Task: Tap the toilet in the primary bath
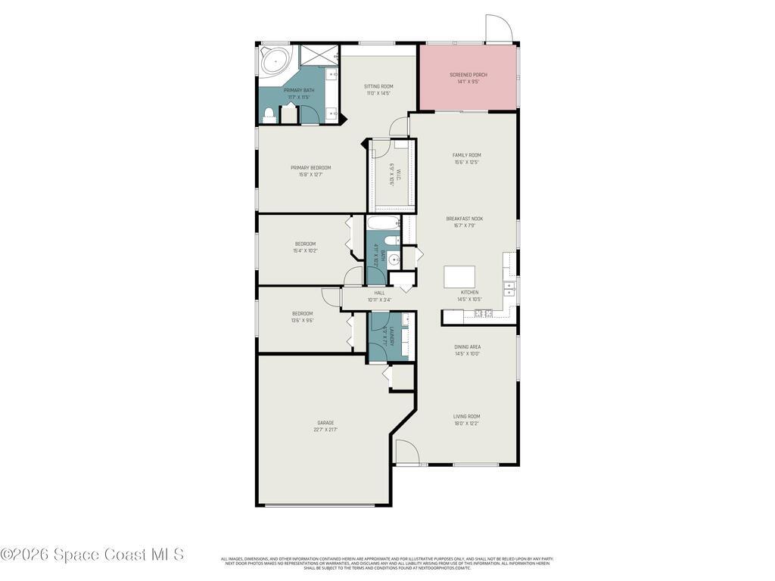click(268, 115)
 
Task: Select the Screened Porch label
click(468, 75)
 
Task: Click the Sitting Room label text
click(378, 86)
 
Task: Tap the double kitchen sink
click(510, 287)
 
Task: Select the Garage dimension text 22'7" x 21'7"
click(325, 430)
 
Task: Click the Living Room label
click(466, 416)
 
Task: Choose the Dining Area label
click(468, 346)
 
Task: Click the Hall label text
click(379, 293)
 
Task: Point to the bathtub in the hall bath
click(383, 223)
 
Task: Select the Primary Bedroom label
click(310, 168)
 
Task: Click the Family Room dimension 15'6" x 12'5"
click(467, 162)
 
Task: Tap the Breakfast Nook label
click(464, 219)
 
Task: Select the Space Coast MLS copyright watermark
click(92, 555)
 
